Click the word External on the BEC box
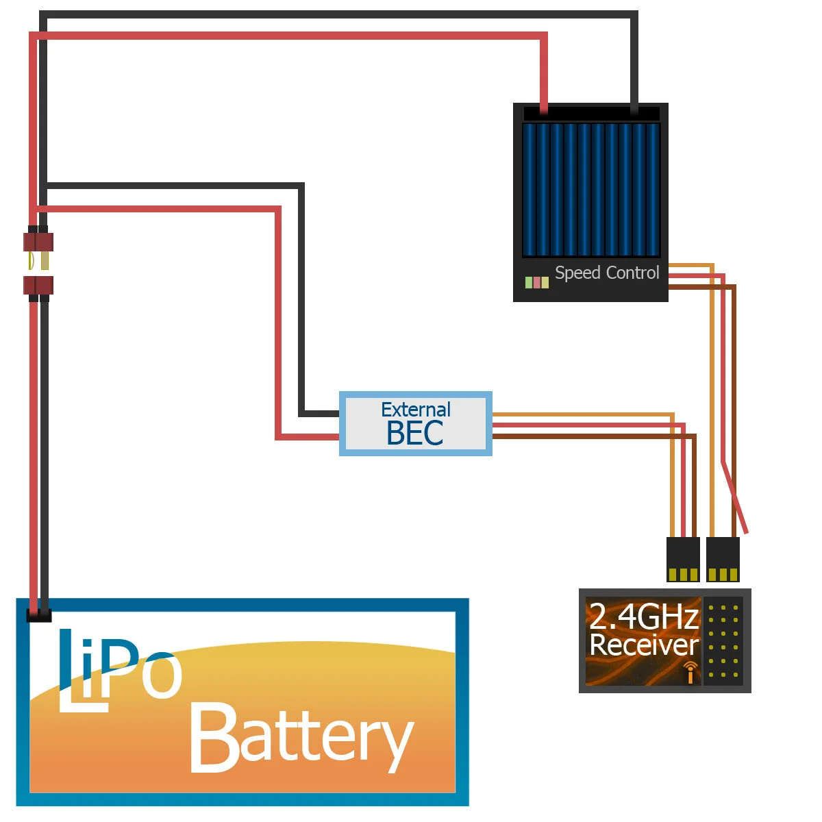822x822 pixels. (x=415, y=410)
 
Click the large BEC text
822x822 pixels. (x=414, y=434)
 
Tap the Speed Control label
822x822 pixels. (x=606, y=273)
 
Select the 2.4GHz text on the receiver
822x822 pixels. (x=643, y=616)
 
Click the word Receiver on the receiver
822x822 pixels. (x=643, y=645)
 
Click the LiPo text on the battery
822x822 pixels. (x=120, y=668)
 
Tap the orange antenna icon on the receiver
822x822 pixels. (x=690, y=673)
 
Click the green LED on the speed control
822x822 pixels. (x=529, y=282)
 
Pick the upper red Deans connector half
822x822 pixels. (x=38, y=242)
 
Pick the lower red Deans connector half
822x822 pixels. (x=38, y=285)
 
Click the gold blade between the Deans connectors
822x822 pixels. (x=45, y=261)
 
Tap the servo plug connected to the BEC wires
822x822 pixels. (x=683, y=558)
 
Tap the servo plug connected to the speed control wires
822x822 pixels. (x=723, y=558)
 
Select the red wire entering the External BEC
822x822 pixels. (x=308, y=436)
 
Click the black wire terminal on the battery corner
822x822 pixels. (x=39, y=614)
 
